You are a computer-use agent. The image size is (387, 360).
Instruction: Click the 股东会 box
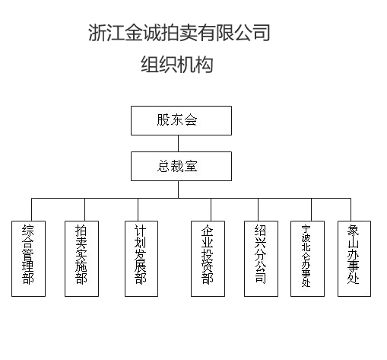click(181, 120)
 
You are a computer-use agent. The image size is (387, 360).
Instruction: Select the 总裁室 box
click(181, 166)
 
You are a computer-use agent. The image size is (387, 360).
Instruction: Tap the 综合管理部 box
click(28, 259)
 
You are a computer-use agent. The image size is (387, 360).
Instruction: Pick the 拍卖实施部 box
click(81, 259)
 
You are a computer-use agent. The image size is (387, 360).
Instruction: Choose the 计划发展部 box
click(141, 259)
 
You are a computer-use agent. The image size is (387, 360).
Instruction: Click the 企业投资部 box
click(208, 259)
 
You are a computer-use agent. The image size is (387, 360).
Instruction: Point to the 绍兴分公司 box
click(261, 259)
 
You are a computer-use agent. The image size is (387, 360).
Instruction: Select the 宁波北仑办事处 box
click(307, 259)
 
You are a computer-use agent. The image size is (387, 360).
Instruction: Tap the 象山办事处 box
click(354, 259)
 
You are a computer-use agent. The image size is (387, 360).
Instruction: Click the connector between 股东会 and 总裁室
click(178, 143)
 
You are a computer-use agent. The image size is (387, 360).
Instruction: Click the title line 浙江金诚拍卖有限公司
click(179, 33)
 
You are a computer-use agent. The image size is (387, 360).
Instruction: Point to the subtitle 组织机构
click(177, 65)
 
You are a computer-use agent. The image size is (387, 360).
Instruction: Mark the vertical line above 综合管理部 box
click(31, 209)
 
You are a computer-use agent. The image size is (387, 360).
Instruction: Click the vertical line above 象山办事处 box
click(351, 209)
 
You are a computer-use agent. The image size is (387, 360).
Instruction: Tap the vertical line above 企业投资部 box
click(211, 209)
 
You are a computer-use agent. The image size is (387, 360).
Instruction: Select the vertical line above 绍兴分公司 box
click(258, 209)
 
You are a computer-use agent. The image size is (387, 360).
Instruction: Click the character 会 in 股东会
click(191, 119)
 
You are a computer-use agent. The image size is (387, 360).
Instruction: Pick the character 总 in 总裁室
click(163, 166)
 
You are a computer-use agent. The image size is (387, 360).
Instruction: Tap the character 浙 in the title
click(97, 33)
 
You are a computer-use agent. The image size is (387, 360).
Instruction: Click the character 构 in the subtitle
click(204, 65)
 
